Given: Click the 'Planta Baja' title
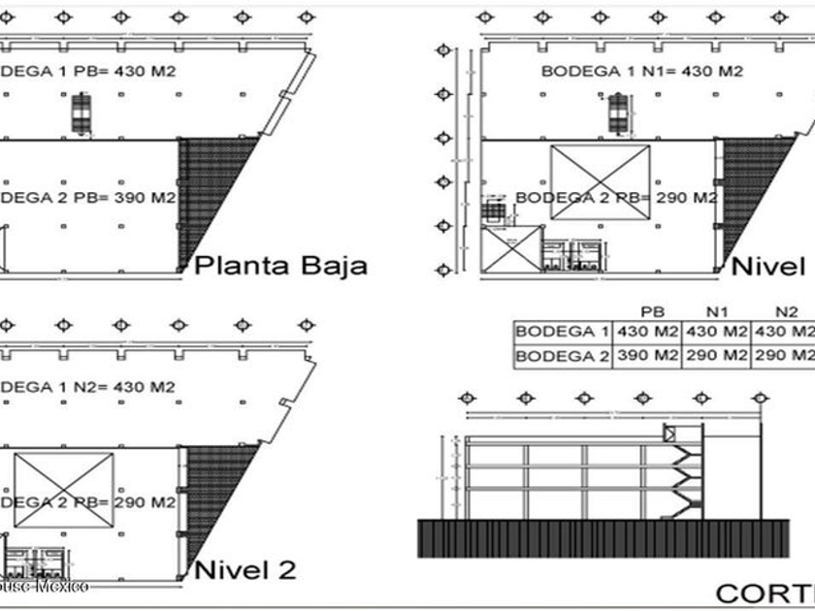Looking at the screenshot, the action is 281,266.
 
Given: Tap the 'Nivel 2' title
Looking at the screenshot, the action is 245,570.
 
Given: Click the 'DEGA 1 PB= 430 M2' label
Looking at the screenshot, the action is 88,71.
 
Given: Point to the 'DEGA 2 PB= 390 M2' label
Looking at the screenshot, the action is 88,198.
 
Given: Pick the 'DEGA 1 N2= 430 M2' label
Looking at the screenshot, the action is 88,387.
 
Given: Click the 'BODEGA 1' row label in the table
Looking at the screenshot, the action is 562,332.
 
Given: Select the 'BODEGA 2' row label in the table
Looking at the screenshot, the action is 562,356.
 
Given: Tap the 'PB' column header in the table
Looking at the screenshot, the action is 647,312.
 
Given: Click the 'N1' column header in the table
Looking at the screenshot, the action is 716,312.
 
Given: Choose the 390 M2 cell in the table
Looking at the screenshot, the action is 647,356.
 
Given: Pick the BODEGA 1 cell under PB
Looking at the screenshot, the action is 647,332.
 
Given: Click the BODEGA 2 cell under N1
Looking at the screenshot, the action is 716,356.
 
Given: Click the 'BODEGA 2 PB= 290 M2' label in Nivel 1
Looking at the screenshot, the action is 616,198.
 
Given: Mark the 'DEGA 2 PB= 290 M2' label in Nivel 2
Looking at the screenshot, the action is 88,502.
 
